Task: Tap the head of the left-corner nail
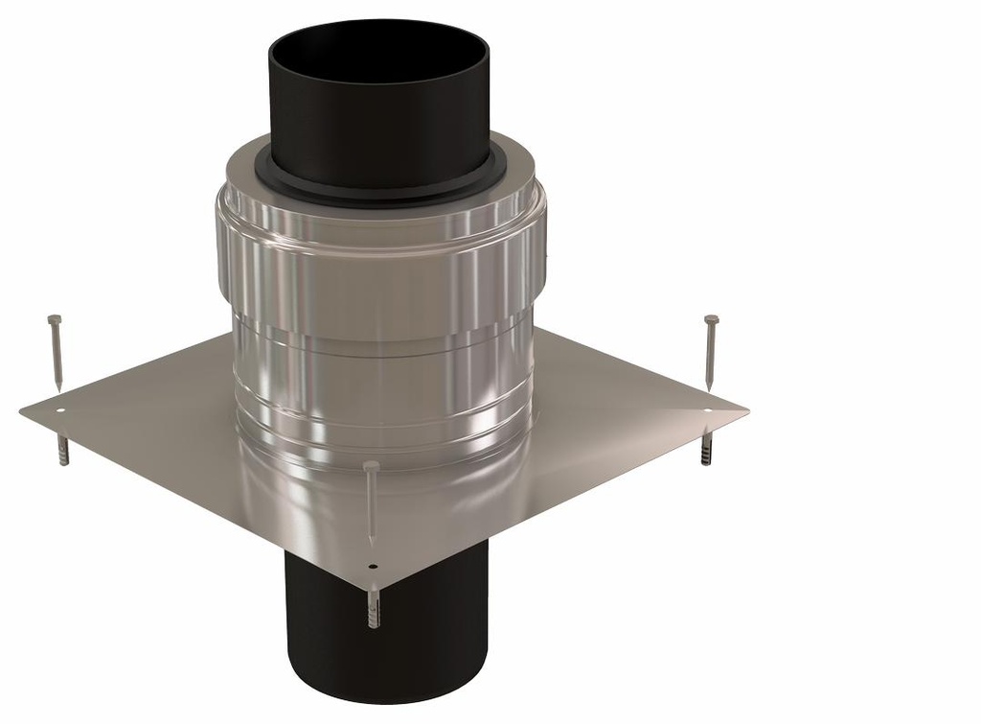(x=54, y=319)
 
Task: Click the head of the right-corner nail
(x=711, y=319)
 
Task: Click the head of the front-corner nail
(x=371, y=465)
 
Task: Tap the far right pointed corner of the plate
(x=746, y=411)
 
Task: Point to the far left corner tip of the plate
(x=21, y=410)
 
